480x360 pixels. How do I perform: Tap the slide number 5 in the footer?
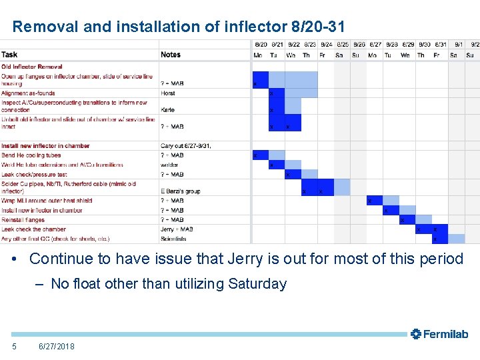pos(14,346)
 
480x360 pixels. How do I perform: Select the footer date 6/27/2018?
pos(57,346)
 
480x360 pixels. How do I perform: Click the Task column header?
pos(10,55)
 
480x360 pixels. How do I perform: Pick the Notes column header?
pos(171,55)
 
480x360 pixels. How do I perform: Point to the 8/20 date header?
pos(260,45)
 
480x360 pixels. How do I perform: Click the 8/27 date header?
pos(375,45)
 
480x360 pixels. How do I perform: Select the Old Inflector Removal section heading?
pos(32,67)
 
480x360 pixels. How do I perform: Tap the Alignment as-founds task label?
pos(29,93)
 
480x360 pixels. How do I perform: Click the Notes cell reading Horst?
pos(168,93)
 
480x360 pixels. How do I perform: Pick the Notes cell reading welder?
pos(170,165)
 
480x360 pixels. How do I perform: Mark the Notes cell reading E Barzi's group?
pos(181,191)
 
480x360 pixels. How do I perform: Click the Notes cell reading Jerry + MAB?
pos(177,229)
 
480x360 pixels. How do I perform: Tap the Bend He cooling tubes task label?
pos(31,155)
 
